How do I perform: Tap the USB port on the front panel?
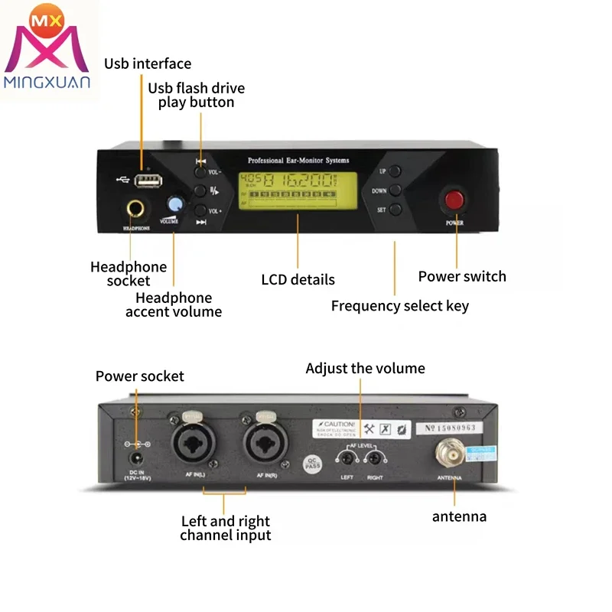coord(148,181)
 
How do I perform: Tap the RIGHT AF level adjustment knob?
coord(374,458)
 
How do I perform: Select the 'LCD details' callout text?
coord(298,279)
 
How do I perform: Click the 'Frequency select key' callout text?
coord(399,306)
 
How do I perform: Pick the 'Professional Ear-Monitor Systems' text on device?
coord(298,161)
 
